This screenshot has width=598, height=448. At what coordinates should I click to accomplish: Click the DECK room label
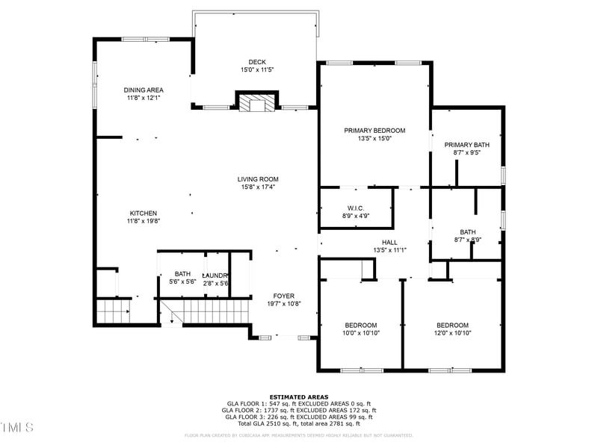tap(257, 62)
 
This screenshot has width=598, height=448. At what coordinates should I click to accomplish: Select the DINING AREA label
tap(144, 90)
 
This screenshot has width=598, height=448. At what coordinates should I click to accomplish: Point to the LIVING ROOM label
tap(258, 179)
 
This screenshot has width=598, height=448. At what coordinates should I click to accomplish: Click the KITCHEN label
tap(144, 213)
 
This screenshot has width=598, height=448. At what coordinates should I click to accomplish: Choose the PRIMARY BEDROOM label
tap(374, 131)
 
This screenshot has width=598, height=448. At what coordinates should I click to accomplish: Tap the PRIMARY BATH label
tap(466, 145)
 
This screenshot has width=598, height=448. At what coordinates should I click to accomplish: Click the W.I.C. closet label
tap(355, 208)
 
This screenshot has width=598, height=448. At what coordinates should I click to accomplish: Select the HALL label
tap(389, 243)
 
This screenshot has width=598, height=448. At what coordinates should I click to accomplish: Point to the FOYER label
tap(283, 296)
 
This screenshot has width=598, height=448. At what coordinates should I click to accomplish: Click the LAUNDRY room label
tap(215, 275)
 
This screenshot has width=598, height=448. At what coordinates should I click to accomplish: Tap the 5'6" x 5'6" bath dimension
tap(183, 283)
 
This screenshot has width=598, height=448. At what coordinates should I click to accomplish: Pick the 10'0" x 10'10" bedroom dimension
tap(361, 333)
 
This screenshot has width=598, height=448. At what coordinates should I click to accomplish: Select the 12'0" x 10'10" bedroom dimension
tap(452, 333)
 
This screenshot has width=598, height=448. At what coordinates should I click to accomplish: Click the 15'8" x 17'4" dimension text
tap(258, 187)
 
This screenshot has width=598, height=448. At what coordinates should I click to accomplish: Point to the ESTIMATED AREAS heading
tap(299, 397)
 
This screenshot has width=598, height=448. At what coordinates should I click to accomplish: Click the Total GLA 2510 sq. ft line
tap(299, 423)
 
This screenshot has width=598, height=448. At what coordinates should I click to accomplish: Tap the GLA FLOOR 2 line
tap(299, 410)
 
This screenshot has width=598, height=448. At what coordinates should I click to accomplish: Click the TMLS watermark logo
tap(17, 427)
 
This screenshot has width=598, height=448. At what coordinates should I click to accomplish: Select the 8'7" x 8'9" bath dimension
tap(468, 240)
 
